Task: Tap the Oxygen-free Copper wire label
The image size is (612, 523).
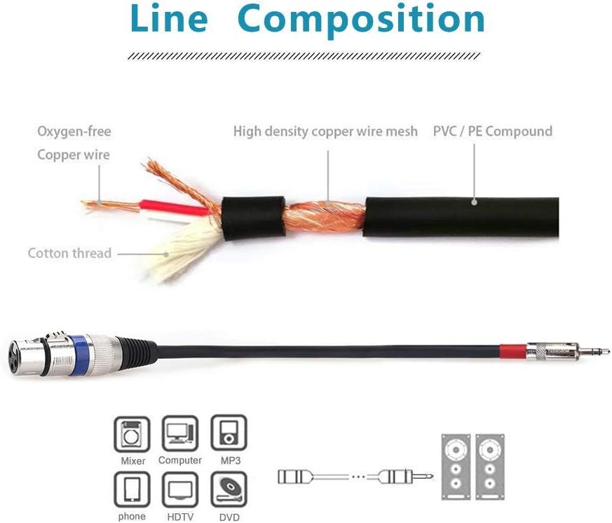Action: tap(74, 143)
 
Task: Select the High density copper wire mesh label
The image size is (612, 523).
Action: tap(325, 131)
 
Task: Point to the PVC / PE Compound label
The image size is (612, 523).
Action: tap(492, 131)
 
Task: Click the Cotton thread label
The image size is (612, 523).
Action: tap(69, 253)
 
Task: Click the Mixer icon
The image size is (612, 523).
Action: tap(132, 434)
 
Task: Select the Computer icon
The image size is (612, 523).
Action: tap(180, 434)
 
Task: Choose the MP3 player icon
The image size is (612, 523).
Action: tap(229, 434)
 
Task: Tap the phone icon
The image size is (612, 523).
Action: tap(132, 489)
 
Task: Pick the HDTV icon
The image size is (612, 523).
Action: tap(180, 489)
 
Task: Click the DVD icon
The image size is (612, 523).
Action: tap(229, 489)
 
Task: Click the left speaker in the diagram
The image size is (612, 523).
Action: tap(456, 466)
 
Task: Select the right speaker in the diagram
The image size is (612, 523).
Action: tap(491, 466)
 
